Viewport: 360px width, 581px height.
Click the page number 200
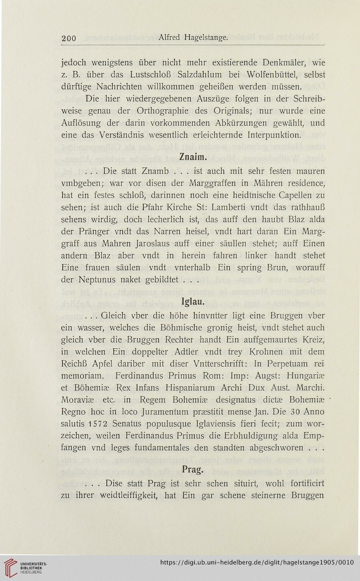(x=69, y=38)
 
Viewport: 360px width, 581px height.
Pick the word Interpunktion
(x=274, y=135)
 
